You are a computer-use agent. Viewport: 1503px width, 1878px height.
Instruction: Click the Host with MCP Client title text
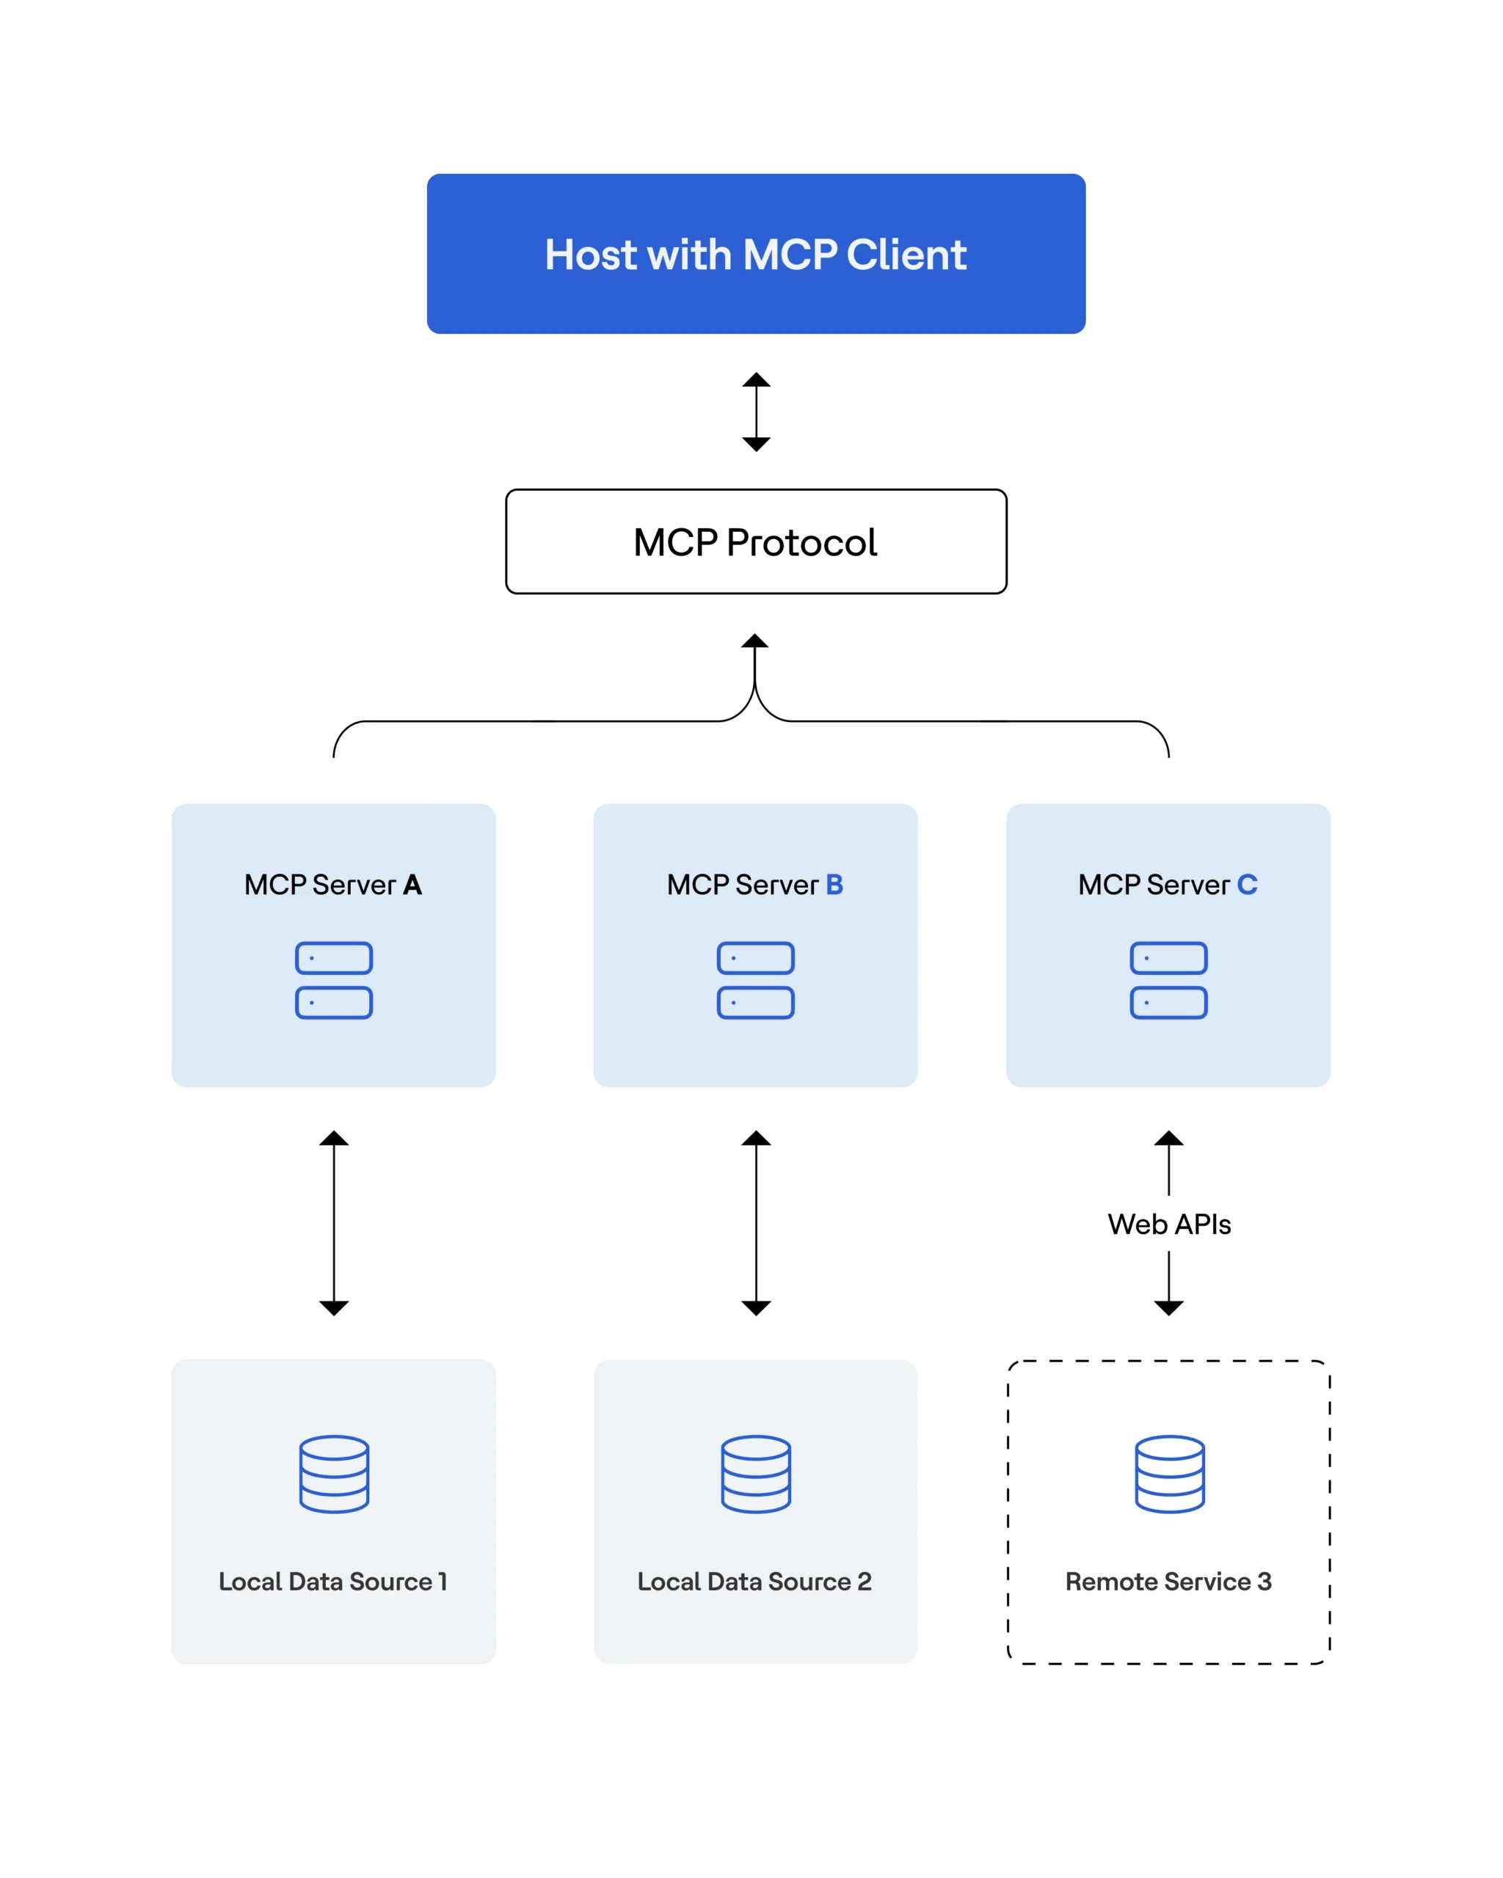[754, 255]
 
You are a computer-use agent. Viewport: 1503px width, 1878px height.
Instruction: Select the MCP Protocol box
[754, 542]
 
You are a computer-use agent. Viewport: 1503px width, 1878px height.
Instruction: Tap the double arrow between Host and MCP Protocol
[755, 412]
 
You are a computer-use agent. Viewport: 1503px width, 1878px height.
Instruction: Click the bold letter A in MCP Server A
[412, 885]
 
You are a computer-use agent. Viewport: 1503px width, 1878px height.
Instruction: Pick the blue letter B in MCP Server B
[834, 885]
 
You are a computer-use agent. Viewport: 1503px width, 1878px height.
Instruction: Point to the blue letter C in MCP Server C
[1247, 885]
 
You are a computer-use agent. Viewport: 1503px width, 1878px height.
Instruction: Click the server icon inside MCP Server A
[334, 980]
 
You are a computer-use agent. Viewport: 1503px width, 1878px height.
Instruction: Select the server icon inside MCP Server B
[755, 980]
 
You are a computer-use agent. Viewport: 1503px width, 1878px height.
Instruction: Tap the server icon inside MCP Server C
[1168, 980]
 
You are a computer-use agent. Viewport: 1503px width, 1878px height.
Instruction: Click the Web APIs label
[1168, 1224]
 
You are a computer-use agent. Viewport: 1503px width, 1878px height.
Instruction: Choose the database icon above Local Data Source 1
[334, 1474]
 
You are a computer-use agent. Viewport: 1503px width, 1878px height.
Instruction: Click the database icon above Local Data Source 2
[755, 1474]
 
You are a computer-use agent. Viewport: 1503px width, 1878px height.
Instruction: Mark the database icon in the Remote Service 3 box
[1169, 1474]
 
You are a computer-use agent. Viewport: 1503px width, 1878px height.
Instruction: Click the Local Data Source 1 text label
[333, 1581]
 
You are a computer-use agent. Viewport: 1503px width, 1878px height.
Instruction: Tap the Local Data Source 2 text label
[754, 1581]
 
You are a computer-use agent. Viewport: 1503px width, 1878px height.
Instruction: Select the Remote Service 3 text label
[1168, 1581]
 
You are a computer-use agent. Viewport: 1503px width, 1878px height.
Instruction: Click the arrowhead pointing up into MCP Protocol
[754, 642]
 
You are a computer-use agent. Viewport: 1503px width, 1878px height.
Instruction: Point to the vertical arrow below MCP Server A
[334, 1222]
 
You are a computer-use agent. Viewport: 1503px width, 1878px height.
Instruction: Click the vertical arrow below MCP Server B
[755, 1222]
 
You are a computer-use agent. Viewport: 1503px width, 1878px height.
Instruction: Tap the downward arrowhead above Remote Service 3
[1168, 1307]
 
